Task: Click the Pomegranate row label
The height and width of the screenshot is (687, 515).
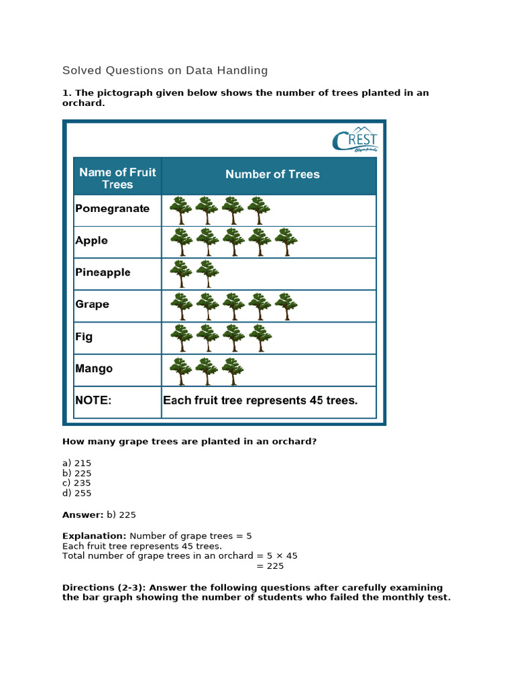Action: (112, 209)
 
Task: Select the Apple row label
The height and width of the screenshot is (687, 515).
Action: (91, 241)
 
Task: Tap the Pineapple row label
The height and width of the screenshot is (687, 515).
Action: (103, 272)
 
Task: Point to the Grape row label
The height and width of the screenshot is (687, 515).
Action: (92, 305)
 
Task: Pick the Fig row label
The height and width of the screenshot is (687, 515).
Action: (84, 337)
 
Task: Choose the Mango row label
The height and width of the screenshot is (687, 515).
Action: (94, 368)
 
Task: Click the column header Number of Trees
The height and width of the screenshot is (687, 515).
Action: (272, 174)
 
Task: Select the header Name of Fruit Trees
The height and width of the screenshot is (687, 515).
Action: (117, 178)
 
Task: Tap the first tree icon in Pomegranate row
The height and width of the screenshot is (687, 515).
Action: (180, 210)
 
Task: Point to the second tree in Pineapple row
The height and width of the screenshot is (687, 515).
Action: (207, 274)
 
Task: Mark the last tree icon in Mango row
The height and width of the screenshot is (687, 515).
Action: (233, 370)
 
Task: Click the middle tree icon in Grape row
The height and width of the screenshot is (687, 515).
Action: (233, 306)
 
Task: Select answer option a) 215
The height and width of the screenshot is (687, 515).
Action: (76, 463)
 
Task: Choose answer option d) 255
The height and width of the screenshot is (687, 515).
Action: (76, 492)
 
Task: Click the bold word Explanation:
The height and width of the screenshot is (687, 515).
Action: (94, 535)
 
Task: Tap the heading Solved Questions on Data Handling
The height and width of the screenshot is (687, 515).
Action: (165, 70)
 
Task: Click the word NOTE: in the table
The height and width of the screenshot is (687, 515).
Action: (93, 401)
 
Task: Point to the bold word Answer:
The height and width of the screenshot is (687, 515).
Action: (82, 515)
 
